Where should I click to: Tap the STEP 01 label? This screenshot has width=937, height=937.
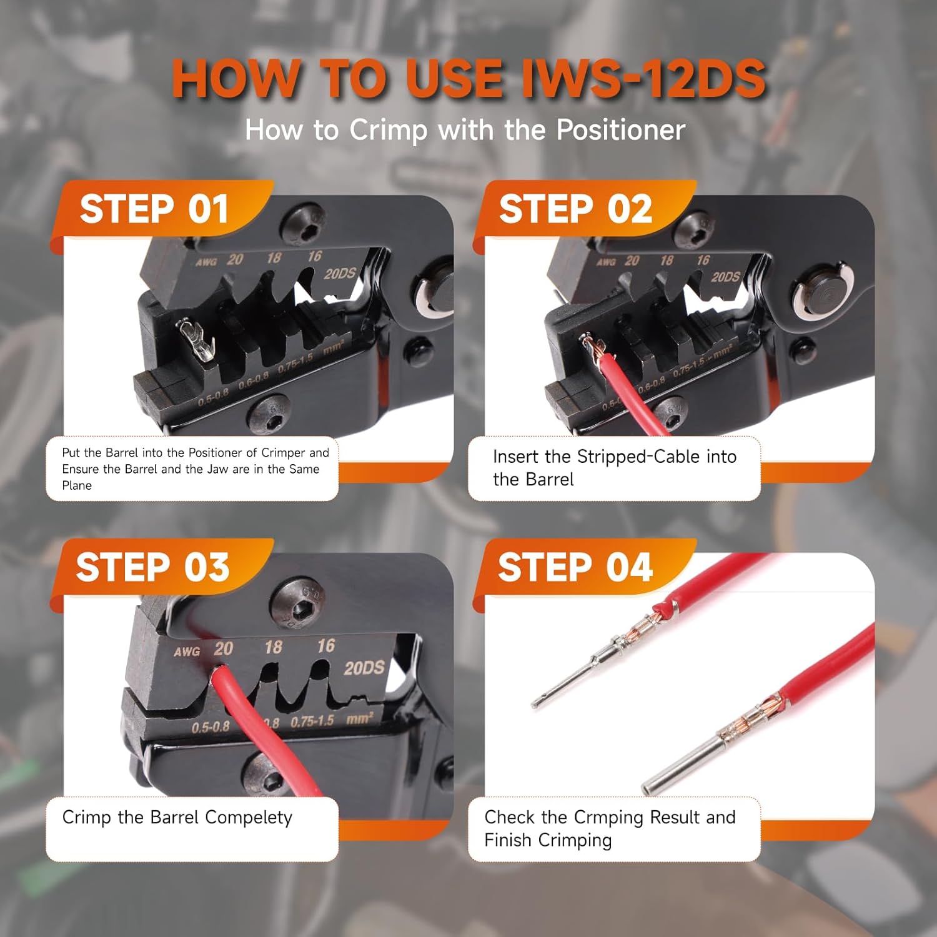(154, 209)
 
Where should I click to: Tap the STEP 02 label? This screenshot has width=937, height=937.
(575, 209)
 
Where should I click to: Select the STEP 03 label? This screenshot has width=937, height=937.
(153, 567)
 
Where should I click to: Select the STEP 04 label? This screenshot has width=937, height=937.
(575, 567)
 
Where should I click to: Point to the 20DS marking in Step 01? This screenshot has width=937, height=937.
(340, 274)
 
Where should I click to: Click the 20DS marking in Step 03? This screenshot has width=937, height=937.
(364, 668)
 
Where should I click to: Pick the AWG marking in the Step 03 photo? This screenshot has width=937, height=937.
(187, 652)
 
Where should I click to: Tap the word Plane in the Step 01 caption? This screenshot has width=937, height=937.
(77, 485)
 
